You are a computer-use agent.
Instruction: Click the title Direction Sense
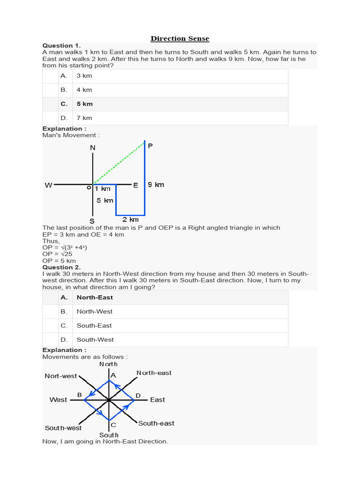click(x=180, y=38)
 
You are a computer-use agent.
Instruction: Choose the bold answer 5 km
click(x=84, y=104)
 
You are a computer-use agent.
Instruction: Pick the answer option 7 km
click(x=84, y=118)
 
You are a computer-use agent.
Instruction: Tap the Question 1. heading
click(x=61, y=45)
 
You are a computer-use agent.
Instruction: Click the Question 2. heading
click(x=61, y=267)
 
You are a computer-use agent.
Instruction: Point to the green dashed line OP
click(x=120, y=163)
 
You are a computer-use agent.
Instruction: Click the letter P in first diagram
click(x=150, y=146)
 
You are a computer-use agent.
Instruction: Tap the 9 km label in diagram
click(x=156, y=185)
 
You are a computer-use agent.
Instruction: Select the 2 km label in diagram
click(x=131, y=219)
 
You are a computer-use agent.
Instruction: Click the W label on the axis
click(x=48, y=185)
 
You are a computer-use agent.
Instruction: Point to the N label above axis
click(x=92, y=148)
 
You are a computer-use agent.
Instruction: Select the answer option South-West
click(x=95, y=339)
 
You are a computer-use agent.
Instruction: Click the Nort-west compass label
click(x=61, y=376)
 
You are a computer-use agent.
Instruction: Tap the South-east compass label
click(x=156, y=423)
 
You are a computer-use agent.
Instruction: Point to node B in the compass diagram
click(x=80, y=395)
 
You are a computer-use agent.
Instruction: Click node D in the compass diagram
click(x=138, y=396)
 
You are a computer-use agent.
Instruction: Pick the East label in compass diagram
click(x=157, y=400)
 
